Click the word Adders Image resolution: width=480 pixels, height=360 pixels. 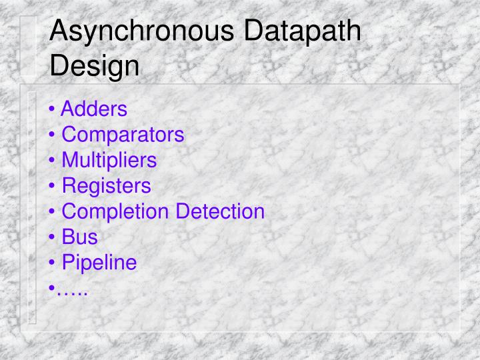(94, 108)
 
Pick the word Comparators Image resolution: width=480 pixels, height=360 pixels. (123, 134)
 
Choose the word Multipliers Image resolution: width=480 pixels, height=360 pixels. (109, 160)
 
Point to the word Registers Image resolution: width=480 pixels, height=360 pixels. (107, 185)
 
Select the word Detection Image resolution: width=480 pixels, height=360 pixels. (220, 211)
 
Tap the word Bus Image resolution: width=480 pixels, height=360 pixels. (80, 237)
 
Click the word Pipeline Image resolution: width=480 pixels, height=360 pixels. (99, 263)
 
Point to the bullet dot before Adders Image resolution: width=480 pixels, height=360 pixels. (53, 109)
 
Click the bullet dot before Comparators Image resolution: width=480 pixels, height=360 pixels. (53, 135)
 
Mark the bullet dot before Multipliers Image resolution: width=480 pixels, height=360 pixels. (53, 161)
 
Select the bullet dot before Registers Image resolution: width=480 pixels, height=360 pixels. (53, 186)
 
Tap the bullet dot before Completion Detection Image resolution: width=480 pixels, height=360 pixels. (53, 212)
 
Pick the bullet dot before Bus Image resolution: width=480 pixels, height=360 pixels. (53, 237)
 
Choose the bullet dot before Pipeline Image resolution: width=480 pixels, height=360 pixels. (53, 263)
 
